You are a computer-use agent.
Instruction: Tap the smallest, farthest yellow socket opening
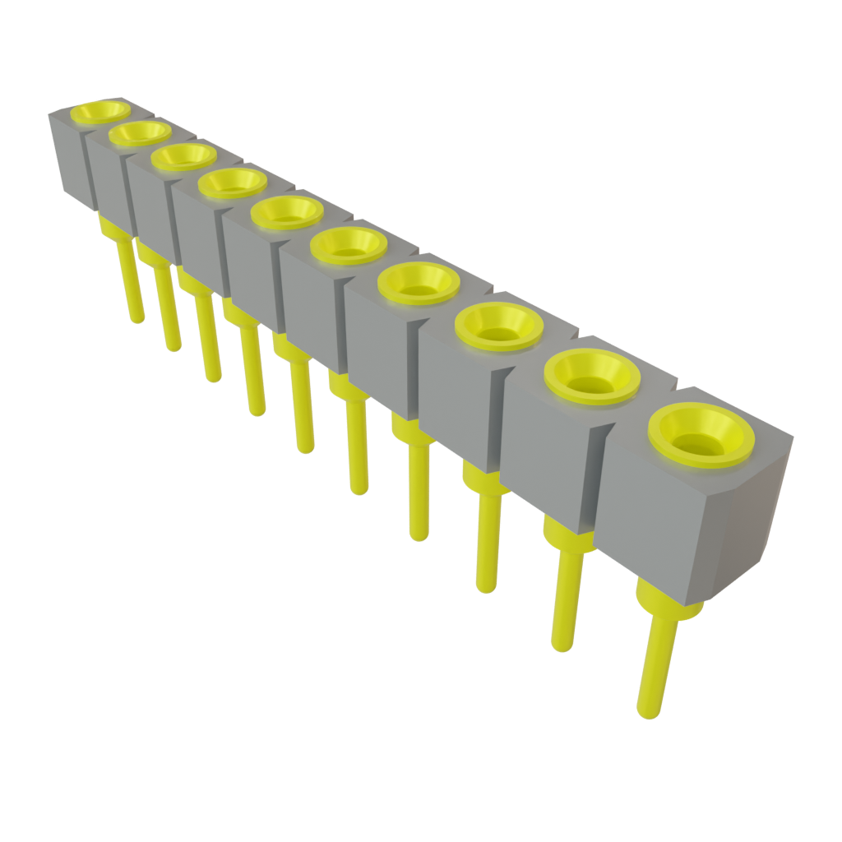pyautogui.click(x=100, y=111)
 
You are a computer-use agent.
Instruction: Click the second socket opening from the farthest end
pyautogui.click(x=140, y=132)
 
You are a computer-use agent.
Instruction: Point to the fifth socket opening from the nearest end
pyautogui.click(x=349, y=244)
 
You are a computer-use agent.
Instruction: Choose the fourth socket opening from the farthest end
pyautogui.click(x=233, y=183)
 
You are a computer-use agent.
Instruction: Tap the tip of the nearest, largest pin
pyautogui.click(x=649, y=709)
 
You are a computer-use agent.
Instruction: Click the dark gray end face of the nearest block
pyautogui.click(x=752, y=518)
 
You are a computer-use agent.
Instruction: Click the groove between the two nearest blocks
pyautogui.click(x=598, y=477)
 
